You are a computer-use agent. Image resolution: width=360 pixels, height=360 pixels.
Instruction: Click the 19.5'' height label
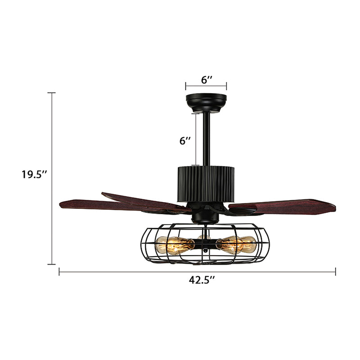point(34,174)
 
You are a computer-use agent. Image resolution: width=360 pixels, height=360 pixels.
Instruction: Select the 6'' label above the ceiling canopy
point(207,80)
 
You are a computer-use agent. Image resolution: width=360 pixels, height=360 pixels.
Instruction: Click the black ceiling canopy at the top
point(207,102)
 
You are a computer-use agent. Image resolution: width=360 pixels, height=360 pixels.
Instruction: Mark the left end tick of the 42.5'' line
point(59,271)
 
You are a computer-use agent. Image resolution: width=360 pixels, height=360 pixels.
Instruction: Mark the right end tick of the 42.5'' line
point(336,271)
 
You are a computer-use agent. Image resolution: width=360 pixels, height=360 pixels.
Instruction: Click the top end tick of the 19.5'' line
point(52,93)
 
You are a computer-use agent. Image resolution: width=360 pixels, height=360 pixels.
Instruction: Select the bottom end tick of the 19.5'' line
point(52,264)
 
